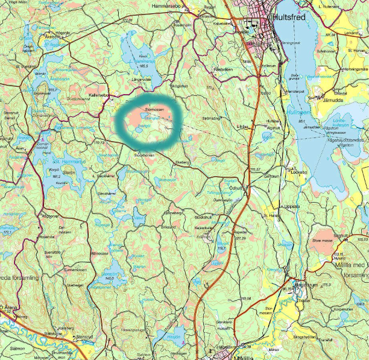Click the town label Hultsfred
[289, 17]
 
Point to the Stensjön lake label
[106, 272]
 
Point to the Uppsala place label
[292, 206]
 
